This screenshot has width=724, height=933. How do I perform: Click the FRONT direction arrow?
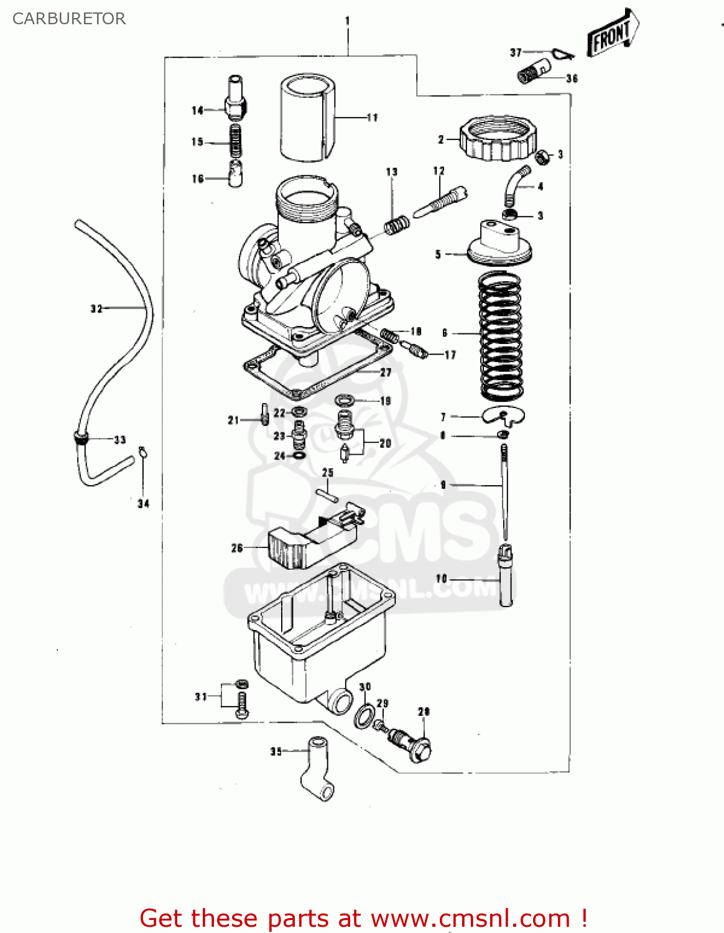pos(612,34)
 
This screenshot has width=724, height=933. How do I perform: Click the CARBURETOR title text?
pos(69,19)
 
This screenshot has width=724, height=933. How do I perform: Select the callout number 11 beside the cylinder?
pos(372,118)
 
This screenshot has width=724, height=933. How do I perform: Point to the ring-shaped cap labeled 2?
pos(498,138)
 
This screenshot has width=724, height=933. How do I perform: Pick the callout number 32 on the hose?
pos(96,309)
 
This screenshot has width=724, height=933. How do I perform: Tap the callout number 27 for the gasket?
pos(386,372)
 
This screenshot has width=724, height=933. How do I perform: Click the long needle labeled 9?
pos(504,491)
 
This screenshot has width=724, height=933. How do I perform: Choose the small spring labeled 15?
pos(236,141)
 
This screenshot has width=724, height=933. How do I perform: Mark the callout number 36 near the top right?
pos(572,78)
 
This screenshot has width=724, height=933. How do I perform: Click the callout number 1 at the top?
pos(347,21)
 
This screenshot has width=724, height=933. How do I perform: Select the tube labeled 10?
pos(506,575)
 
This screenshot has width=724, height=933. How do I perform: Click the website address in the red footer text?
pos(470,918)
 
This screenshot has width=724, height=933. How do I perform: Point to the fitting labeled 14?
pos(235,100)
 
